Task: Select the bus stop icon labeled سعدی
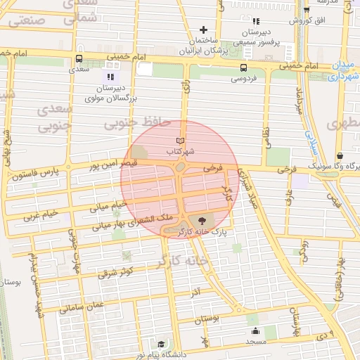(78, 59)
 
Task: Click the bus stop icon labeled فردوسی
(243, 68)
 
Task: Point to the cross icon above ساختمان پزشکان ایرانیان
(203, 30)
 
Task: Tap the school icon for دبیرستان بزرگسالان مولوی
(110, 76)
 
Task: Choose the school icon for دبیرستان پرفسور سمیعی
(256, 22)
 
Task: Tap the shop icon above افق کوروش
(307, 9)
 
